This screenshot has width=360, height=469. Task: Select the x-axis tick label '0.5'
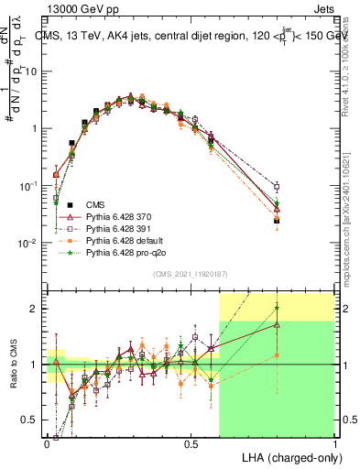(191, 443)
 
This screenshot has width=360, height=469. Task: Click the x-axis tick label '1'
(334, 443)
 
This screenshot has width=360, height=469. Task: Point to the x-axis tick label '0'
(48, 443)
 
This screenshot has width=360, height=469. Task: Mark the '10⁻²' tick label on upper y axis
(30, 244)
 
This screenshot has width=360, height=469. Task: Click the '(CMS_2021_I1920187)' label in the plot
(190, 274)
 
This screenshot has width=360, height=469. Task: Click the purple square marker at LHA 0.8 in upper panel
(277, 187)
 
